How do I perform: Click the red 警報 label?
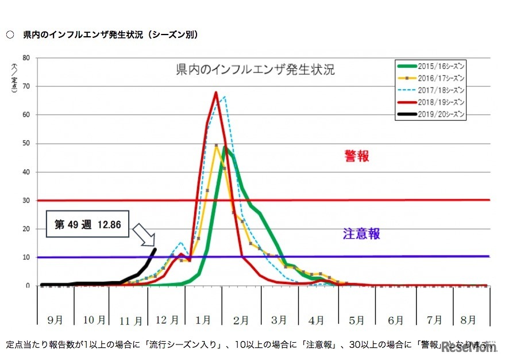point(356,156)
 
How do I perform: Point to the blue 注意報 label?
point(361,234)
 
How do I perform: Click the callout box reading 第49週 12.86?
point(87,225)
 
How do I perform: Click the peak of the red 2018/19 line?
point(215,92)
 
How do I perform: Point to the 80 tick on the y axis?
point(26,58)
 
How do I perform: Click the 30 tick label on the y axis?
point(26,200)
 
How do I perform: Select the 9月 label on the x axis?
point(56,320)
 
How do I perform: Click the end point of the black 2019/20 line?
point(155,249)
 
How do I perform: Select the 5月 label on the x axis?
point(356,320)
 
